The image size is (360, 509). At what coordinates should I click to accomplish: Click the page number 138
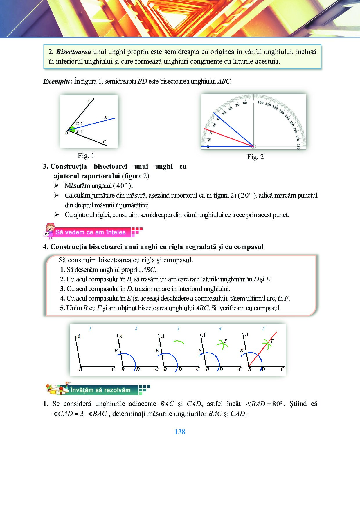[x=180, y=432]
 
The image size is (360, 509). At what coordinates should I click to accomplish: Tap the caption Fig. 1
[x=86, y=156]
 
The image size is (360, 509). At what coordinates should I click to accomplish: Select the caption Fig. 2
[x=255, y=157]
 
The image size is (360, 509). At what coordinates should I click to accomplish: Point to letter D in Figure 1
[x=106, y=117]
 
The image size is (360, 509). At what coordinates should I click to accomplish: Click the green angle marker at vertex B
[x=71, y=129]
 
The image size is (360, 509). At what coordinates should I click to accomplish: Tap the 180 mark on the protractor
[x=298, y=146]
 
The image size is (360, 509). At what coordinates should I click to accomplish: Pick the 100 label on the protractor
[x=260, y=102]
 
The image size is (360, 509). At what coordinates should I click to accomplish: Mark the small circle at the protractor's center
[x=253, y=147]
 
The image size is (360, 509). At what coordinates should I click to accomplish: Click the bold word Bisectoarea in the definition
[x=73, y=52]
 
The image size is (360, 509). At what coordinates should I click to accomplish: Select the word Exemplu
[x=56, y=81]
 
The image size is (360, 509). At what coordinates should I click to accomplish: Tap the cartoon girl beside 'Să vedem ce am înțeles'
[x=49, y=231]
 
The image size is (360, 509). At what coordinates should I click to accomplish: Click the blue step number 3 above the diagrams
[x=178, y=328]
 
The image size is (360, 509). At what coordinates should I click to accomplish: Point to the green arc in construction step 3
[x=178, y=342]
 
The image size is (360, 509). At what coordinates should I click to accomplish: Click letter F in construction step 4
[x=226, y=341]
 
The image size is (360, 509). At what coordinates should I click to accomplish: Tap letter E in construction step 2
[x=116, y=351]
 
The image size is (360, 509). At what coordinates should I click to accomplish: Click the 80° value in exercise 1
[x=277, y=404]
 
